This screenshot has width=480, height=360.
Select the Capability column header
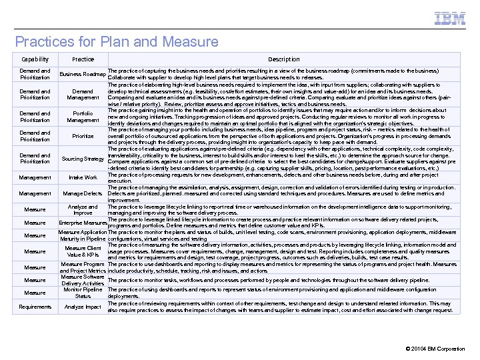pos(35,59)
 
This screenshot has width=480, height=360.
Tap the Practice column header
pos(83,59)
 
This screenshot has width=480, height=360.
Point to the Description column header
pos(283,59)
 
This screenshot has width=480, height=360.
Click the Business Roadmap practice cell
pos(83,74)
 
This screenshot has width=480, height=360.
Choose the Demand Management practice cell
pos(83,94)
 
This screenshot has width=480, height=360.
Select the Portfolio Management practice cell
pos(83,117)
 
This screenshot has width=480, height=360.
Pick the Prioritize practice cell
pos(83,136)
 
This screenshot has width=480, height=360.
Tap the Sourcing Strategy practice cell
pos(83,159)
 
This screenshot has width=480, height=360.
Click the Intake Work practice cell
pos(83,177)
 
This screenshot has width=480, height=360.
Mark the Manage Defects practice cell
pos(83,193)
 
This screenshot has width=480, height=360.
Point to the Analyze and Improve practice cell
pos(83,210)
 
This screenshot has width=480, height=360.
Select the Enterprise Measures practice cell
pos(83,223)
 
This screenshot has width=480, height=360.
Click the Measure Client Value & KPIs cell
pos(83,251)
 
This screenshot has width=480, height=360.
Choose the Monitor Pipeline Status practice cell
pos(83,293)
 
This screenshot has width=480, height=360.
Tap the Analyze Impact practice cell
pos(83,307)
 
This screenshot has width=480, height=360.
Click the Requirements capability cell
pos(35,307)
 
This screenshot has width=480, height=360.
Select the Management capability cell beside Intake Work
pos(35,177)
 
